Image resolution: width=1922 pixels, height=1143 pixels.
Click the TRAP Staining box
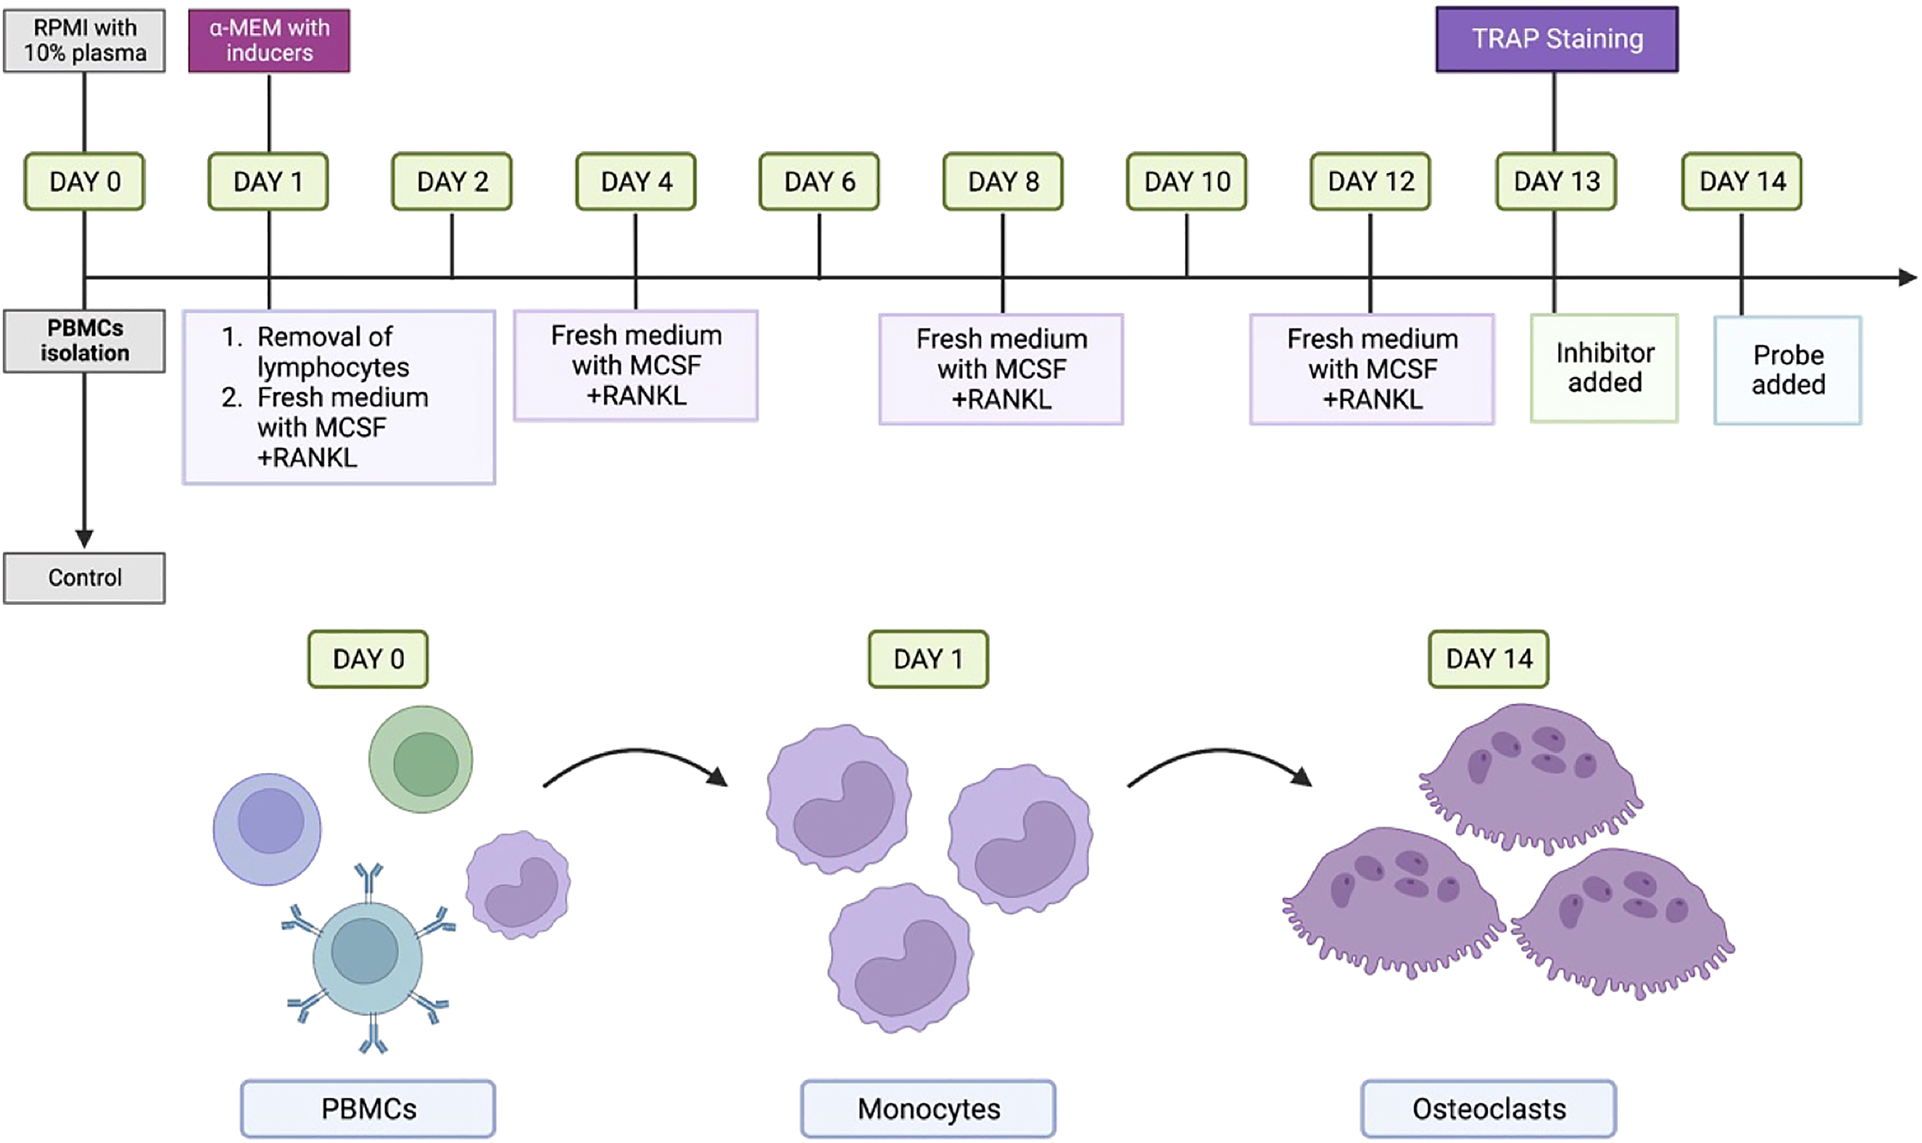pos(1556,39)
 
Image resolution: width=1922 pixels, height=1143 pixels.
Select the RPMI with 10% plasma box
pos(85,41)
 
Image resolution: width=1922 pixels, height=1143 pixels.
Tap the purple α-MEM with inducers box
pos(269,41)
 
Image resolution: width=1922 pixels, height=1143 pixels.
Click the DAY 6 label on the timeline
pos(819,182)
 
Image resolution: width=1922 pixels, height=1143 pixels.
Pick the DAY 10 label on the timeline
pos(1187,182)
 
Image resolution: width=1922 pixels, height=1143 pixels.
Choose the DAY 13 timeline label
pos(1556,182)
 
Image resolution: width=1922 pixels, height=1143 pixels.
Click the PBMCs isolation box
pos(85,341)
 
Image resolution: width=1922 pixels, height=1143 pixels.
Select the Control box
pos(85,578)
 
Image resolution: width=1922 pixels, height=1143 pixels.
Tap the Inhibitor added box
pos(1605,368)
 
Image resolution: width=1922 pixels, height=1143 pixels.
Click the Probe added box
pos(1788,370)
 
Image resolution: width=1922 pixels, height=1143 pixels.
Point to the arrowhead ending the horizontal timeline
pos(1907,277)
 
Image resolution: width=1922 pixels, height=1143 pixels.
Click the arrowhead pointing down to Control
pos(85,537)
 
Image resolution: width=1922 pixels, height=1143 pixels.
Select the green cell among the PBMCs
pos(421,759)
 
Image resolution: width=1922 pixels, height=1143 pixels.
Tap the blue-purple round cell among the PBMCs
pos(267,829)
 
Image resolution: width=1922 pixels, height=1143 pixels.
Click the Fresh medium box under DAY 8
pos(1001,369)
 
